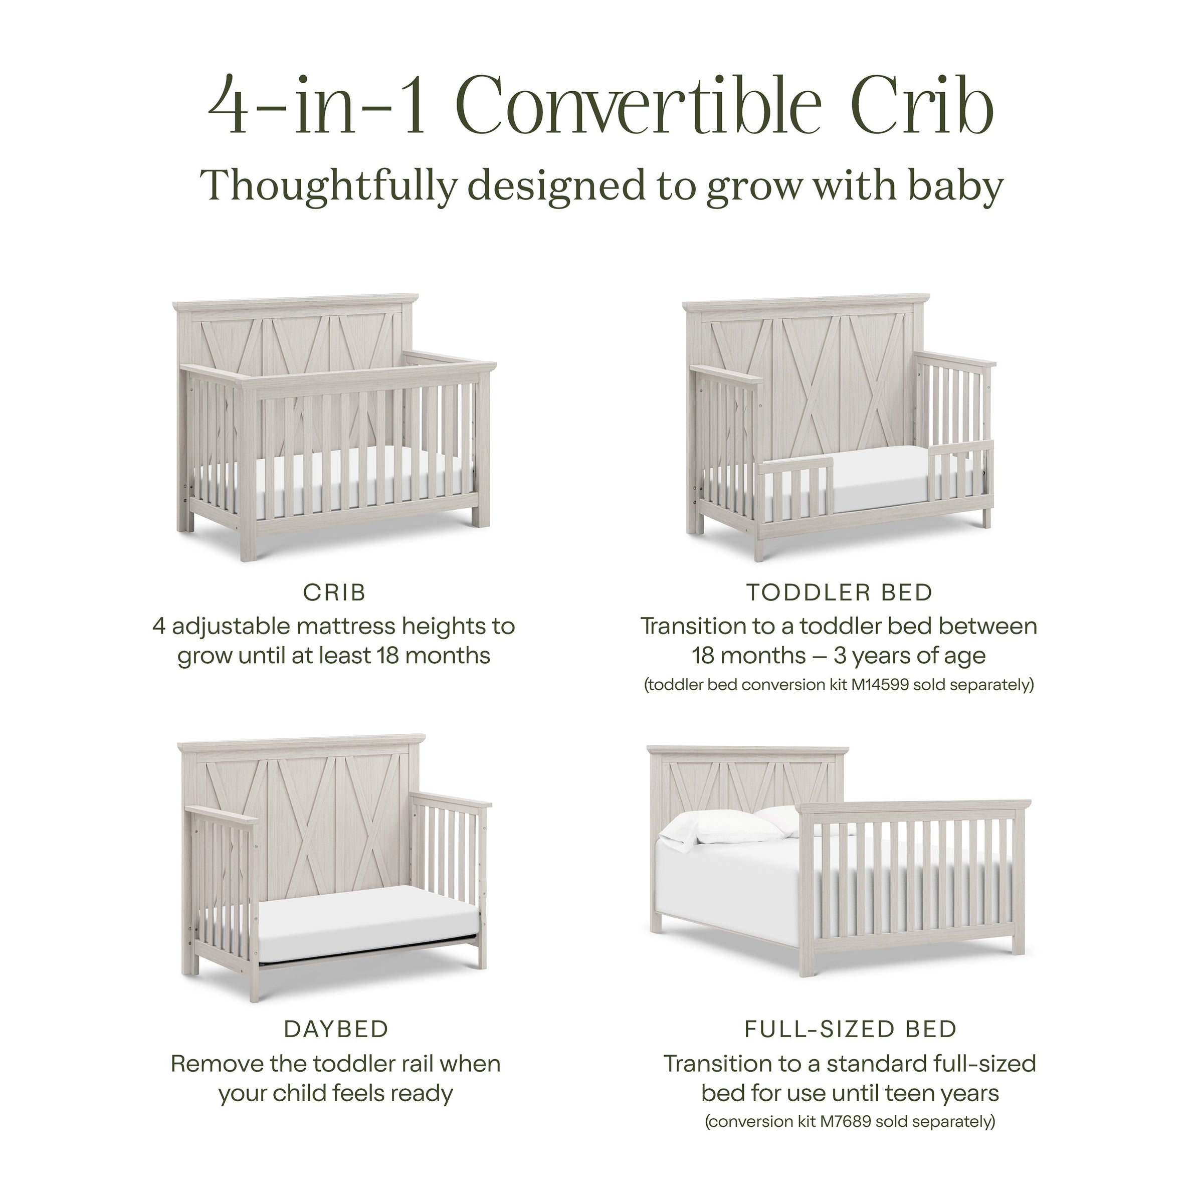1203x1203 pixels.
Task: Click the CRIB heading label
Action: (x=334, y=593)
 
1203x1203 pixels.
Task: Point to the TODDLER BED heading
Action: (x=840, y=593)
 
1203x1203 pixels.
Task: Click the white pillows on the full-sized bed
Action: (x=735, y=831)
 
